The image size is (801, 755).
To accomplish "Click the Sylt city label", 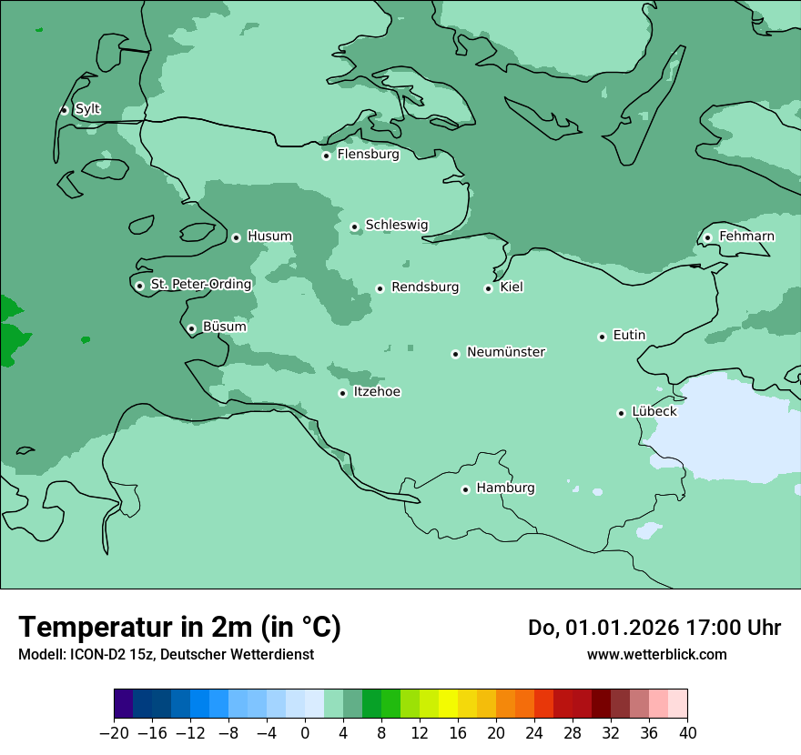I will (x=87, y=109).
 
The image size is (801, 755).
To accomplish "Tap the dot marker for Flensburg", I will (x=326, y=156).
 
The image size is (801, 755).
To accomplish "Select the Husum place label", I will (x=269, y=237).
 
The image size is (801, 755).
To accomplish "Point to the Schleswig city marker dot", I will (x=354, y=226).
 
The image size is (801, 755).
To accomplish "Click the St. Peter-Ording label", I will (x=200, y=285).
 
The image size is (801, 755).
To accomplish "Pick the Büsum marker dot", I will (x=191, y=328).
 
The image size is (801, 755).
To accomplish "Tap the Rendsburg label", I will (x=425, y=287).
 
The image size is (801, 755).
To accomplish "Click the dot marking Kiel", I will (x=488, y=288).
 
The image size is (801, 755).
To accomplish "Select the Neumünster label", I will (x=506, y=352).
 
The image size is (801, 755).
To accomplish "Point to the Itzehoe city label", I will (x=377, y=392).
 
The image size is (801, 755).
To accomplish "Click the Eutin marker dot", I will (x=602, y=337).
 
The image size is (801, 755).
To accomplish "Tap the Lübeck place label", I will (x=654, y=412).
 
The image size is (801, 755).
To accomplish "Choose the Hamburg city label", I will (x=505, y=488).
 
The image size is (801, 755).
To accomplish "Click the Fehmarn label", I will (x=746, y=237).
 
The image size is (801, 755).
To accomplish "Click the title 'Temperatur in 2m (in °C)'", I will (x=179, y=628).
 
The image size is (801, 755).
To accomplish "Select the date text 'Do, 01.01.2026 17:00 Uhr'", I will (x=654, y=628).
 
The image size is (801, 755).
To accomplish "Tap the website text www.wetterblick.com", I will (x=656, y=655).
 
